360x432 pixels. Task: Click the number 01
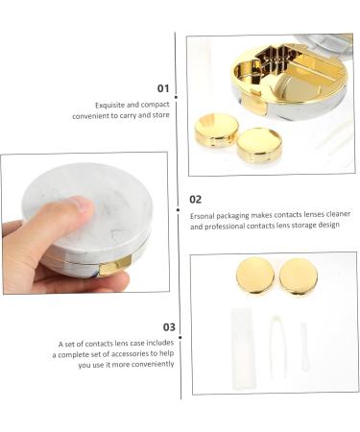click(x=162, y=88)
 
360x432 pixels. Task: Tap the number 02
click(x=196, y=200)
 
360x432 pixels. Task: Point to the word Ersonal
click(x=203, y=216)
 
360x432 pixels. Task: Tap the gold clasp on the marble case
click(x=116, y=267)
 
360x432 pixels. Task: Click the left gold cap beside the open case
click(x=216, y=128)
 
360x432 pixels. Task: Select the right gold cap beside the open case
click(x=258, y=144)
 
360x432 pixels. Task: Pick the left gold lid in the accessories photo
click(x=254, y=276)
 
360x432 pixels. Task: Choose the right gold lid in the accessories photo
click(x=298, y=276)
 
